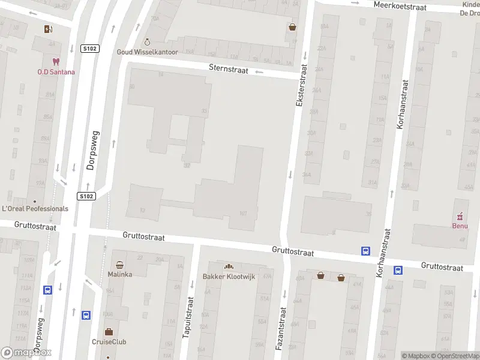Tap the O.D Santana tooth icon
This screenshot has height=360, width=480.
56,62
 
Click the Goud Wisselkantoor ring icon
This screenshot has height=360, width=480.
148,42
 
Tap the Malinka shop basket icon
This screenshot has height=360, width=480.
120,264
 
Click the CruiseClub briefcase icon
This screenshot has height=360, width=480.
109,331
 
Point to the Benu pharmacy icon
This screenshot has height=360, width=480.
460,216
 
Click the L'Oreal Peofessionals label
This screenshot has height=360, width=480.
35,209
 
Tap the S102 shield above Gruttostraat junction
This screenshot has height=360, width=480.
86,196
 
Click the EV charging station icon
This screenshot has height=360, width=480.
48,29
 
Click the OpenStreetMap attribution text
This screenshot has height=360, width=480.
454,356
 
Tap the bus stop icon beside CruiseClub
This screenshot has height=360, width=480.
86,314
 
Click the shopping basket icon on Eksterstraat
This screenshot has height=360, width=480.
292,26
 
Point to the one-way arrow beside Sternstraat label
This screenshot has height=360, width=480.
259,71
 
